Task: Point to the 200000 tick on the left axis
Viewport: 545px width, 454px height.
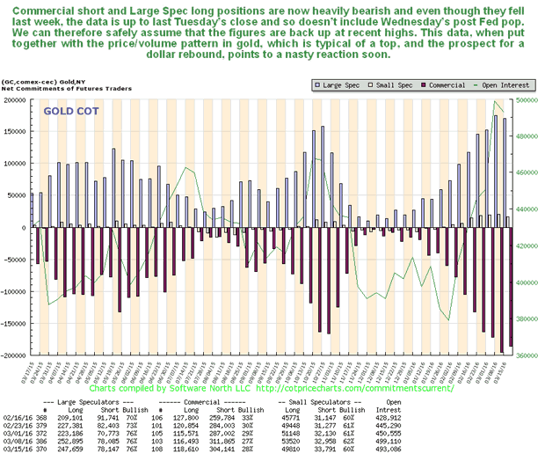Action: pyautogui.click(x=15, y=100)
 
